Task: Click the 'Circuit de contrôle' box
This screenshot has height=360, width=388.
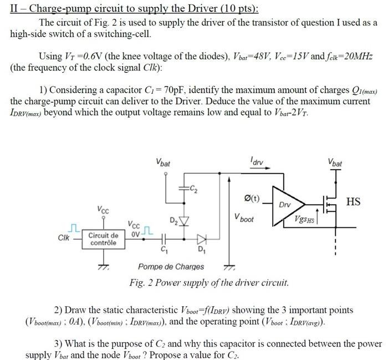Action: click(x=103, y=239)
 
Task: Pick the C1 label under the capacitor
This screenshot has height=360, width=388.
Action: click(x=163, y=249)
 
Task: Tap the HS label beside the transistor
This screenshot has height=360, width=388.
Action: click(x=353, y=201)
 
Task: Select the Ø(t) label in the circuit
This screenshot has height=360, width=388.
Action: click(x=251, y=198)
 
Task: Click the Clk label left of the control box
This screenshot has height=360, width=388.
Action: click(x=65, y=238)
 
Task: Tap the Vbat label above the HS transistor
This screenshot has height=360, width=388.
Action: click(x=335, y=164)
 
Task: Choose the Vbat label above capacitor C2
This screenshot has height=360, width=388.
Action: click(x=163, y=164)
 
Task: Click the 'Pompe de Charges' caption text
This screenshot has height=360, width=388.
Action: click(x=171, y=267)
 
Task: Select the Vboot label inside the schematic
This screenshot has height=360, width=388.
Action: click(x=244, y=219)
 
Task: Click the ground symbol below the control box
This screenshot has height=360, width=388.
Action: click(x=103, y=267)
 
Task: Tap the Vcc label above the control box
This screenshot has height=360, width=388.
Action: click(x=103, y=211)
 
